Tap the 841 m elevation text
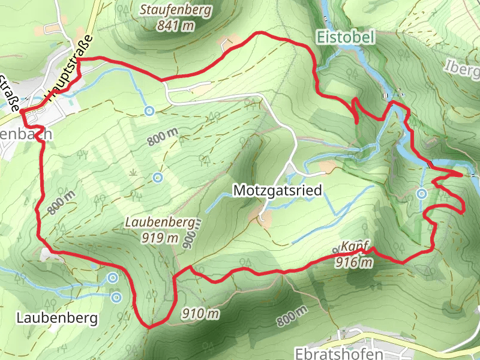[176, 25]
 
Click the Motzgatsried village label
[277, 191]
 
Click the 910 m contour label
[200, 313]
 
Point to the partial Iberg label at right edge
[463, 67]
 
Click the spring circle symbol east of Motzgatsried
[422, 193]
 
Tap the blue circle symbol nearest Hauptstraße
[149, 111]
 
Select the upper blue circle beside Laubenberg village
[113, 277]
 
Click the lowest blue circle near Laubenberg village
[116, 296]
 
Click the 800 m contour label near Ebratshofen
[292, 316]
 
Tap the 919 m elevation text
[161, 238]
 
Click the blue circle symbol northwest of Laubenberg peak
[157, 177]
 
